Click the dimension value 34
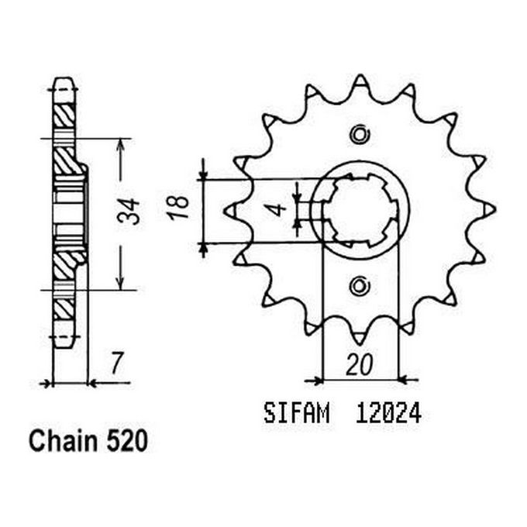(x=133, y=211)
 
